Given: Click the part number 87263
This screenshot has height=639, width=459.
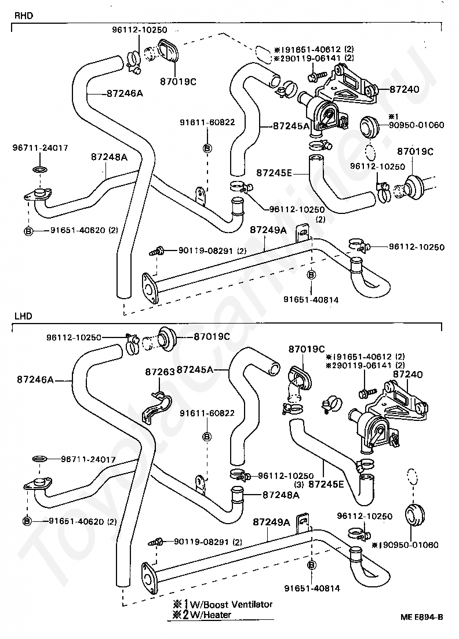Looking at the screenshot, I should click(x=159, y=372).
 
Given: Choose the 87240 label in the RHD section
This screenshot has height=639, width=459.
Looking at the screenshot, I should click(x=404, y=90).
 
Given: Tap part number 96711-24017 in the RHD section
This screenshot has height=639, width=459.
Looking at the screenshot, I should click(x=40, y=148).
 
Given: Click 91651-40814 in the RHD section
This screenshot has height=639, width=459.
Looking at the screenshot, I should click(x=311, y=300).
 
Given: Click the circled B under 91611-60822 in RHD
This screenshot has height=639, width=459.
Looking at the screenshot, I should click(x=207, y=148).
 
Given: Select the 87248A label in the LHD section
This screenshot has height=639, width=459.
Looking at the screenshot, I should click(x=280, y=495).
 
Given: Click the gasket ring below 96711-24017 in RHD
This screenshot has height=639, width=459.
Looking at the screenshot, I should click(x=39, y=170).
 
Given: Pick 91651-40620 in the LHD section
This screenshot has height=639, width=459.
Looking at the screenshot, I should click(x=76, y=521).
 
